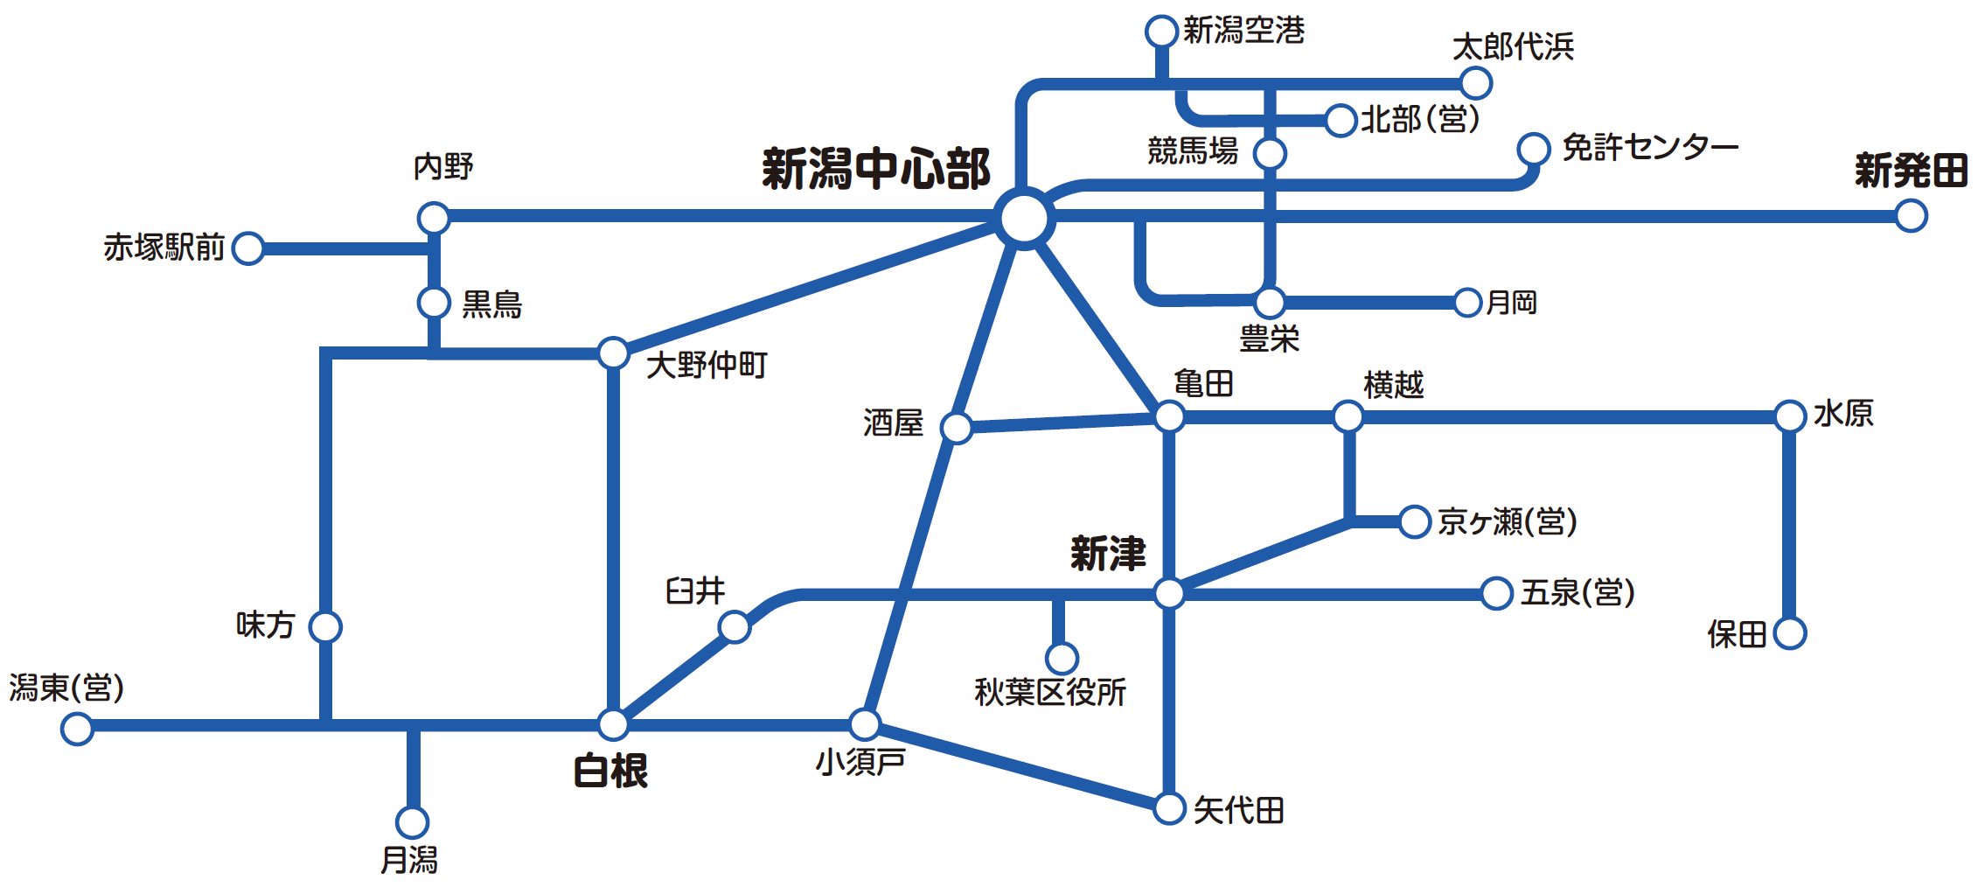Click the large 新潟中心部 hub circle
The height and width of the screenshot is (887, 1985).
1024,218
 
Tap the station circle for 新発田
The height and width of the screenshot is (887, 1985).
1911,216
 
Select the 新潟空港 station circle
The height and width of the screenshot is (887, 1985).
1161,31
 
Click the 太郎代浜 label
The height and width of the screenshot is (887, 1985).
1513,47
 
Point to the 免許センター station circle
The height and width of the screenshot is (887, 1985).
1534,149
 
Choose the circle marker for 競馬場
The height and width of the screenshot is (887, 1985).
1270,153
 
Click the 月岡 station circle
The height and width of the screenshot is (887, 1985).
1467,303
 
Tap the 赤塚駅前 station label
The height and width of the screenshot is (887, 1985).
164,248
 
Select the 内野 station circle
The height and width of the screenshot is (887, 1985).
434,218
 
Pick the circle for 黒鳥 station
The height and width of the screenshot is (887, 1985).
434,303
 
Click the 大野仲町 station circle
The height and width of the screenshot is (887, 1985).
613,353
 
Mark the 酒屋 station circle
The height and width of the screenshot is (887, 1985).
957,428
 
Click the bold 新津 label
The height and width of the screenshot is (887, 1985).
1108,554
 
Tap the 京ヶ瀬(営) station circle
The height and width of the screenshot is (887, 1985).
1414,521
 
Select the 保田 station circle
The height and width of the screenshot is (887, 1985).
1790,633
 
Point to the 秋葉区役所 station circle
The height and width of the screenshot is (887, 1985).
1062,658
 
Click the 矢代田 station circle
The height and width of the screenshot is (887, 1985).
1169,808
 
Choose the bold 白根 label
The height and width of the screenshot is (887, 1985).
610,772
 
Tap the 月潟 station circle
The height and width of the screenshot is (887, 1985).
412,821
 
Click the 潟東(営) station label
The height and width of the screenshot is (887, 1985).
66,688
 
